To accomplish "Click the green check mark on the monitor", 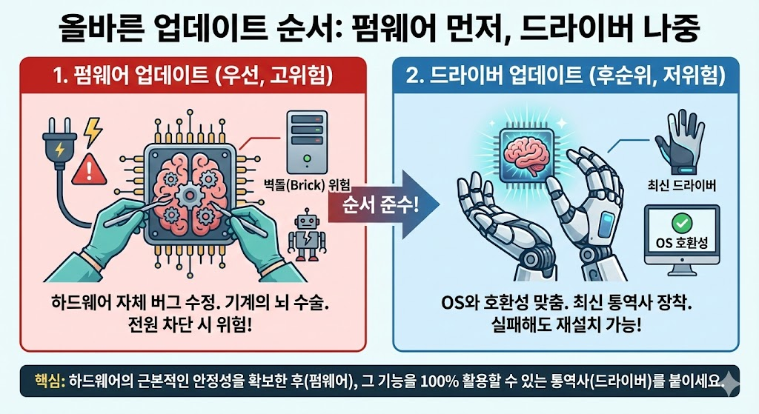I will pyautogui.click(x=680, y=223).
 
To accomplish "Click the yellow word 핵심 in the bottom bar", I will pyautogui.click(x=49, y=381).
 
